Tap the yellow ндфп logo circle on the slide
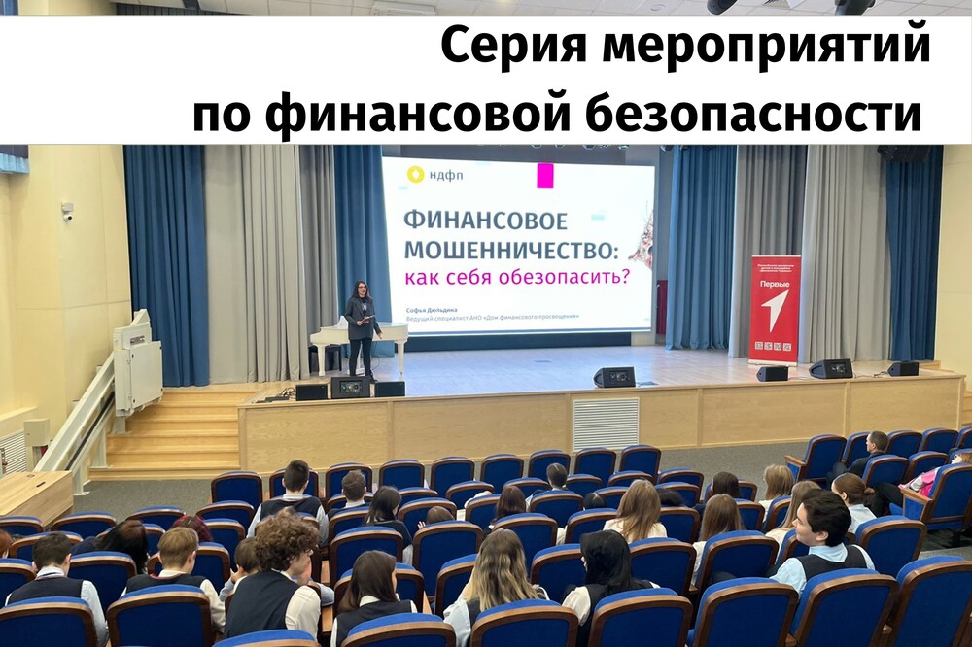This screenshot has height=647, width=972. (415, 175)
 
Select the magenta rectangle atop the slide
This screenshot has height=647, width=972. (544, 176)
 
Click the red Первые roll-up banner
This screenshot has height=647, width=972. (775, 309)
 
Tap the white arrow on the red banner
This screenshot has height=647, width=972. (775, 310)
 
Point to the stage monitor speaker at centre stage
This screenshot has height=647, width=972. (614, 377)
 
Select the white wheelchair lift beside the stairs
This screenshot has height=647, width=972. (136, 365)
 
